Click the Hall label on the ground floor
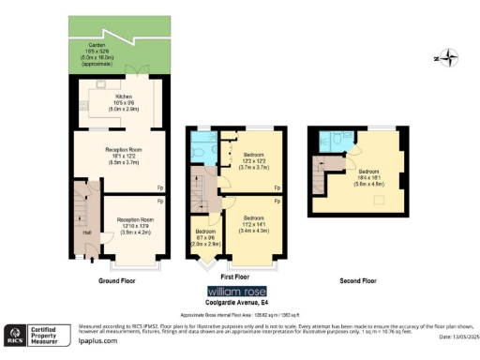87,232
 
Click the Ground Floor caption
119,279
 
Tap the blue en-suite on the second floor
334,142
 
